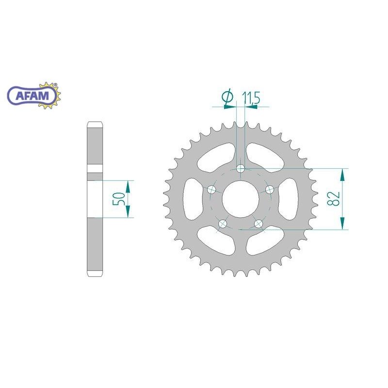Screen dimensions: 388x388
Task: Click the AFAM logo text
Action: (32, 96)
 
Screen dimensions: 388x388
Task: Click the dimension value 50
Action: (118, 199)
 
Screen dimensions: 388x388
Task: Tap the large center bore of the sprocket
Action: (241, 199)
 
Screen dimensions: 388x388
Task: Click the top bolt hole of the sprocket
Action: (241, 169)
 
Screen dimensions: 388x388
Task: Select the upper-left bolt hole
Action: (211, 190)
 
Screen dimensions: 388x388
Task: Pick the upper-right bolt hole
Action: (270, 190)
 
